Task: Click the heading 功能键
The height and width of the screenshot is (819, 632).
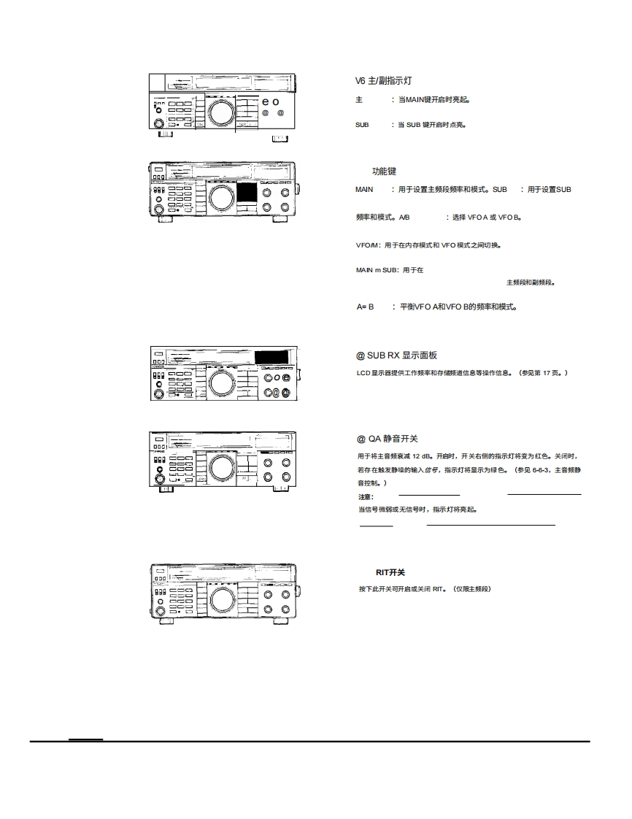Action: pyautogui.click(x=384, y=172)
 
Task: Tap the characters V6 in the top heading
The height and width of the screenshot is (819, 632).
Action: pyautogui.click(x=361, y=80)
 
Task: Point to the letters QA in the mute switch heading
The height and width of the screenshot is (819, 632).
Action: pyautogui.click(x=374, y=439)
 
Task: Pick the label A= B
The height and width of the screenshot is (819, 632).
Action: pyautogui.click(x=365, y=307)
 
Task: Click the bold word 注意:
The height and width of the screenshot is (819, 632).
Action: pyautogui.click(x=366, y=497)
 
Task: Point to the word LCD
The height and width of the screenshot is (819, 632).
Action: pyautogui.click(x=363, y=373)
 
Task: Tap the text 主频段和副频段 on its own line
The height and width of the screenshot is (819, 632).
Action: pyautogui.click(x=531, y=282)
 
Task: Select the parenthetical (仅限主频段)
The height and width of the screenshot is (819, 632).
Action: pyautogui.click(x=472, y=588)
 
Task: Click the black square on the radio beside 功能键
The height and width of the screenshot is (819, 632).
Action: pyautogui.click(x=247, y=193)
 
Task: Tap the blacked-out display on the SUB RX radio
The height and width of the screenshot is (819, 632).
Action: pyautogui.click(x=274, y=357)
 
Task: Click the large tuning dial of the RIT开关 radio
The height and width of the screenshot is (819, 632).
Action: pyautogui.click(x=222, y=599)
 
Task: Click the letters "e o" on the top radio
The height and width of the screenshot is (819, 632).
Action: pyautogui.click(x=270, y=101)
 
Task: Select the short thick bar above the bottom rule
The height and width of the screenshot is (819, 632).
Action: pyautogui.click(x=85, y=739)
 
